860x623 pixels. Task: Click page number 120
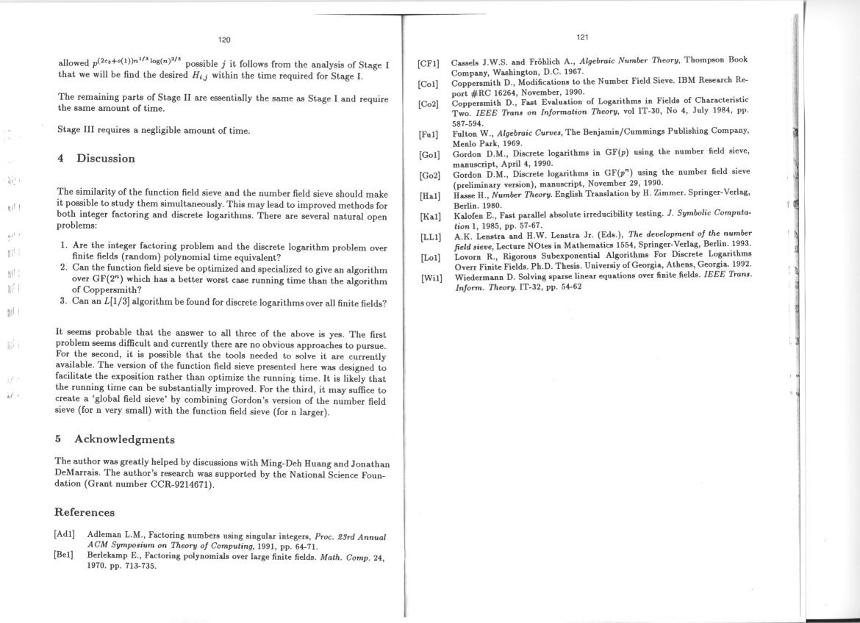tap(225, 40)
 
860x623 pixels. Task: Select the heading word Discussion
tap(105, 159)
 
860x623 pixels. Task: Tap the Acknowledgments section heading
tap(124, 439)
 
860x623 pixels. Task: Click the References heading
tap(85, 512)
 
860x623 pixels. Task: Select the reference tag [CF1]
tap(429, 64)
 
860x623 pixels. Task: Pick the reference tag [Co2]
tap(428, 104)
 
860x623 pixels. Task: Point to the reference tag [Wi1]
tap(431, 278)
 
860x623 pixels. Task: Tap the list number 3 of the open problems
tap(63, 303)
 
